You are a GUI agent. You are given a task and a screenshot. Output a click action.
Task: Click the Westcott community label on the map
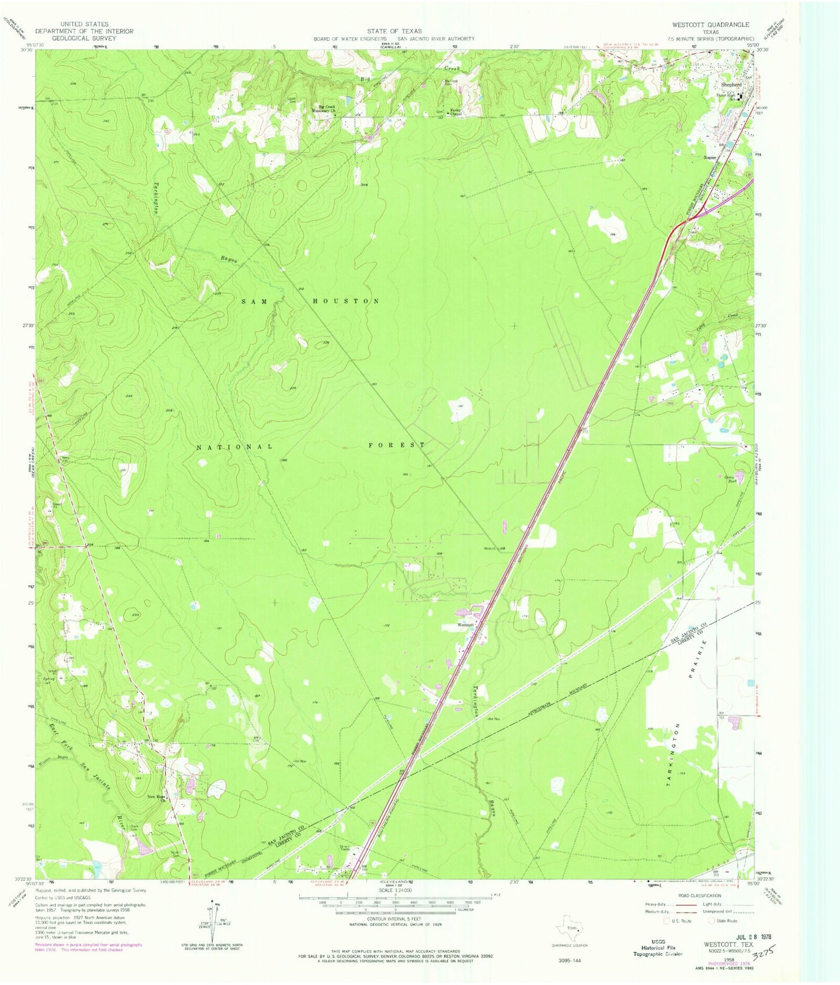[x=466, y=626]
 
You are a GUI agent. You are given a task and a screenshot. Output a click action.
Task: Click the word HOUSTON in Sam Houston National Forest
[x=346, y=301]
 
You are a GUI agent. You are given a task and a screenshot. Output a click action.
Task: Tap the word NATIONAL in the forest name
[x=234, y=447]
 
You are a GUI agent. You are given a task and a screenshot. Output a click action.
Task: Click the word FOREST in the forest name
[x=397, y=445]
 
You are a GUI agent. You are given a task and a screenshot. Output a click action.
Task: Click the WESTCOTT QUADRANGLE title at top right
[x=710, y=25]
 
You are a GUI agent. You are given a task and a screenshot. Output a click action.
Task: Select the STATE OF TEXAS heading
[x=394, y=31]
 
